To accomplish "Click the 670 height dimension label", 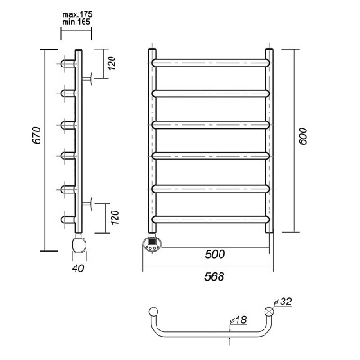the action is [x=37, y=135].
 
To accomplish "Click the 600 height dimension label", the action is [x=303, y=137].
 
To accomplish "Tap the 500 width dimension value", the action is [x=214, y=255].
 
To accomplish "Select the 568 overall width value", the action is [x=214, y=276].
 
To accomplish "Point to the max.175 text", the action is [x=77, y=14].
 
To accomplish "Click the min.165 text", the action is [x=76, y=22].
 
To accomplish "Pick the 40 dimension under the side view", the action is [x=78, y=268].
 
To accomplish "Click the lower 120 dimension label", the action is [x=114, y=218].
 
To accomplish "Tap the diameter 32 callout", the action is [x=283, y=301].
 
